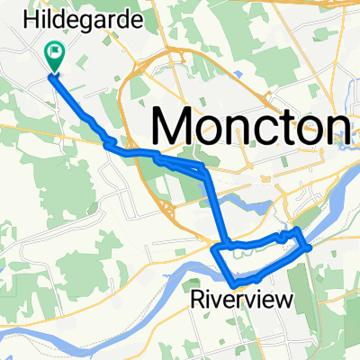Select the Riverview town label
[x=240, y=297]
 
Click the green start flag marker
[x=54, y=57]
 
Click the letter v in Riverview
[x=220, y=298]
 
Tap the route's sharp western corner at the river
[x=216, y=246]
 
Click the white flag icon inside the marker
[x=54, y=52]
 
